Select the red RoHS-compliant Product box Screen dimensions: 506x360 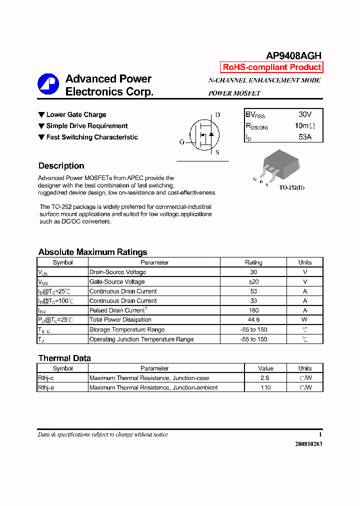click(271, 67)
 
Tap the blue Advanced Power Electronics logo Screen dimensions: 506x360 click(48, 84)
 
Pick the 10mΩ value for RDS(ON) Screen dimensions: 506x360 click(304, 126)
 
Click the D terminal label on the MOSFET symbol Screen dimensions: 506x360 click(217, 115)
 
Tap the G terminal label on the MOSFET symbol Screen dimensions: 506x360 click(182, 142)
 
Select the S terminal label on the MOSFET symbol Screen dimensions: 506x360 click(217, 153)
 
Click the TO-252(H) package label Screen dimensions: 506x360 click(291, 187)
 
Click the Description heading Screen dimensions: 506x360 click(61, 166)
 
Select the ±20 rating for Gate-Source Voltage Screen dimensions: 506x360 click(253, 282)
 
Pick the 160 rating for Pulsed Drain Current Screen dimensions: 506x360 click(253, 310)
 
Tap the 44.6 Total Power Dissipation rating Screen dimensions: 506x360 click(253, 320)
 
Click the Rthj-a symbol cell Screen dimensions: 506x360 click(46, 387)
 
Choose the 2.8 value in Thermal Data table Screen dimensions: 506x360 click(265, 378)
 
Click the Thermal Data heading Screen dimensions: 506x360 click(64, 358)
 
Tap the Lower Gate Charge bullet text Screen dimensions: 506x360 click(76, 115)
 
